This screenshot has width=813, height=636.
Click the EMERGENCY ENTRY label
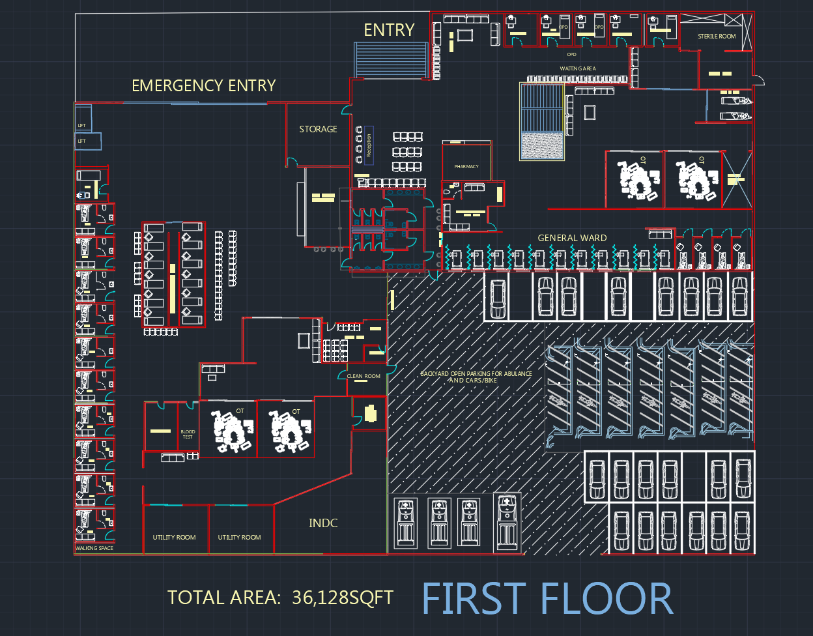click(x=203, y=85)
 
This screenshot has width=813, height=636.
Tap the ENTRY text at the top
click(x=389, y=30)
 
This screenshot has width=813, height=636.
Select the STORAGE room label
click(x=318, y=129)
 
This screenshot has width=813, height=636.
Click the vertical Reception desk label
click(x=369, y=145)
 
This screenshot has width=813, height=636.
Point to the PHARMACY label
click(x=466, y=167)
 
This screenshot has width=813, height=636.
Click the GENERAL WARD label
click(x=572, y=238)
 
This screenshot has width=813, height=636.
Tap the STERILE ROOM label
click(x=717, y=36)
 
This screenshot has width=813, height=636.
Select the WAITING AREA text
click(x=578, y=68)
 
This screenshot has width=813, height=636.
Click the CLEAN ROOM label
click(x=364, y=376)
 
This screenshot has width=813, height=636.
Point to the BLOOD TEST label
click(x=188, y=434)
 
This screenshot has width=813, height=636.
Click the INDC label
click(x=323, y=523)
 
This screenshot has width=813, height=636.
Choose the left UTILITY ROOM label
click(x=174, y=537)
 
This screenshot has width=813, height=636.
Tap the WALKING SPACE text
click(x=94, y=548)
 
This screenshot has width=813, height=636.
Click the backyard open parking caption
click(x=476, y=377)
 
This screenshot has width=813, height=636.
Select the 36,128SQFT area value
click(x=343, y=597)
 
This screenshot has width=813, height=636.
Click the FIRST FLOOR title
click(x=547, y=599)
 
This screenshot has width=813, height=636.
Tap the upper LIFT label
click(x=81, y=125)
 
